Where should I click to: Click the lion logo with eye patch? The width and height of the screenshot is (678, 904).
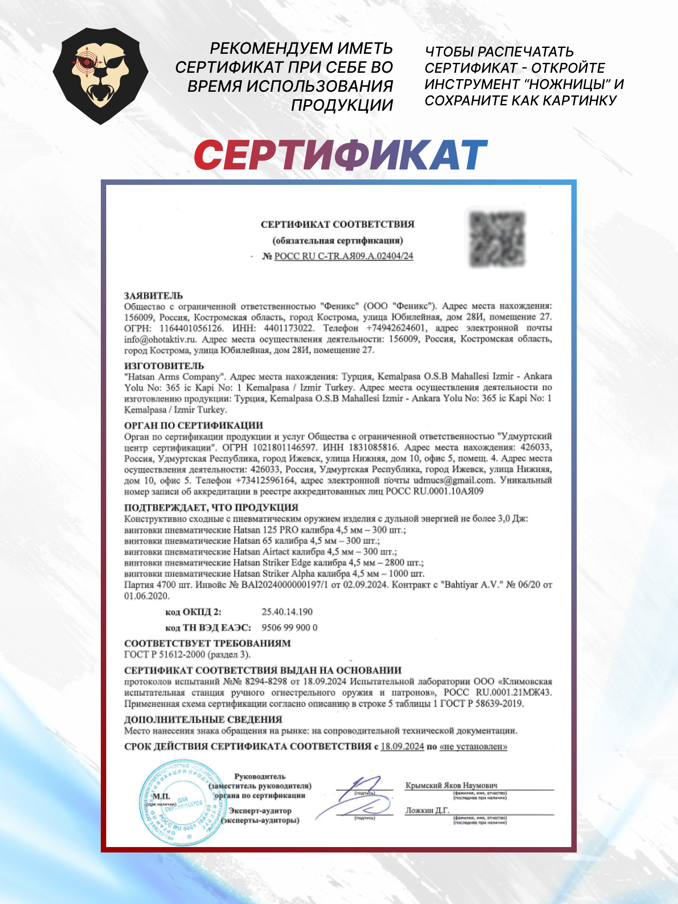tap(100, 76)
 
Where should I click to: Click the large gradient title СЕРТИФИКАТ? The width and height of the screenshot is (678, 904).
tap(340, 155)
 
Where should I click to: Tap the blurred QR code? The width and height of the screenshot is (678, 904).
tap(497, 239)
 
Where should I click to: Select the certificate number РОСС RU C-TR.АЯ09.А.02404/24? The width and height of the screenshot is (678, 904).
tap(344, 256)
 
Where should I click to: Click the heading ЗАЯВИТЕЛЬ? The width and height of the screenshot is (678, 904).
tap(154, 296)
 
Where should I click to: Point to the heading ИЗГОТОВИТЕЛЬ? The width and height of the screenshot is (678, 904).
tap(164, 366)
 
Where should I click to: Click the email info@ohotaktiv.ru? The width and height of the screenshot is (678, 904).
tap(160, 339)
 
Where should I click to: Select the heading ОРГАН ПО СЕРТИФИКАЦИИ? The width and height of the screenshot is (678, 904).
tap(193, 425)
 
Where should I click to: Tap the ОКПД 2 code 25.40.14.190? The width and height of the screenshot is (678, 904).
tap(287, 612)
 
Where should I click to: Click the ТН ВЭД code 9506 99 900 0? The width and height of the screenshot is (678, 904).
tap(289, 628)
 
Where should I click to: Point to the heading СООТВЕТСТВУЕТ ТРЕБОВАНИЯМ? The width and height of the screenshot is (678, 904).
tap(207, 643)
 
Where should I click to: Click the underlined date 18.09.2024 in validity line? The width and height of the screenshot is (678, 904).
tap(402, 746)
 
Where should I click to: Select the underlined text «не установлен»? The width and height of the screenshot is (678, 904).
tap(473, 746)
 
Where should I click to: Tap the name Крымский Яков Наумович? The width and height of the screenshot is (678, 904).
tap(451, 785)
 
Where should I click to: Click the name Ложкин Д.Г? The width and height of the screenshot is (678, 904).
tap(427, 810)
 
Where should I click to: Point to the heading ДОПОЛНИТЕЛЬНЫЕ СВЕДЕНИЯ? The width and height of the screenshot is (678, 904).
tap(203, 720)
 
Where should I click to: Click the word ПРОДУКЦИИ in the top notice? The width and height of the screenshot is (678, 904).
tap(342, 105)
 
